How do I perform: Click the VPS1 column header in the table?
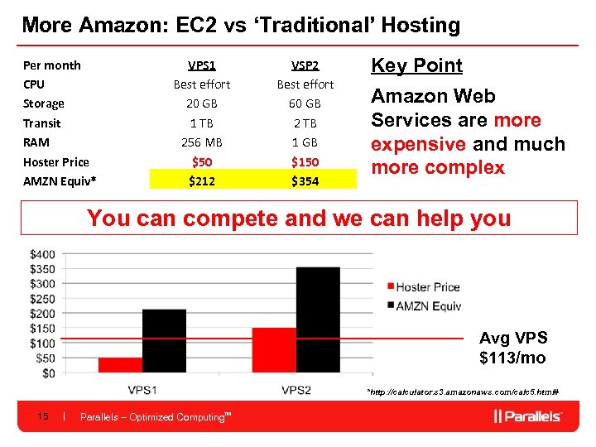point(202,65)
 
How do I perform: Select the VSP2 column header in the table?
point(305,65)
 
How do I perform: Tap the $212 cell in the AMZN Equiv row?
point(202,180)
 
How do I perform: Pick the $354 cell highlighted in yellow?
point(305,180)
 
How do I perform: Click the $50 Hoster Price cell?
point(202,161)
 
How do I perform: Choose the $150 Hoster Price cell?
point(305,161)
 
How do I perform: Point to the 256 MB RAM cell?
point(202,142)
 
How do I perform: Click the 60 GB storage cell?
point(305,103)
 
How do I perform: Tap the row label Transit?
point(42,123)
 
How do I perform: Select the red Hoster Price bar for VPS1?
point(120,365)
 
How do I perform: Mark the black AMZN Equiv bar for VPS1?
point(164,340)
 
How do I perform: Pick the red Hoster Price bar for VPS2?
point(274,350)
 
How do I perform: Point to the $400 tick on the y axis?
point(43,253)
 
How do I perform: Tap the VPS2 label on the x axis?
point(296,390)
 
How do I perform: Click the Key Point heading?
point(416,65)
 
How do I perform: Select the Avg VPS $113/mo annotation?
point(513,348)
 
